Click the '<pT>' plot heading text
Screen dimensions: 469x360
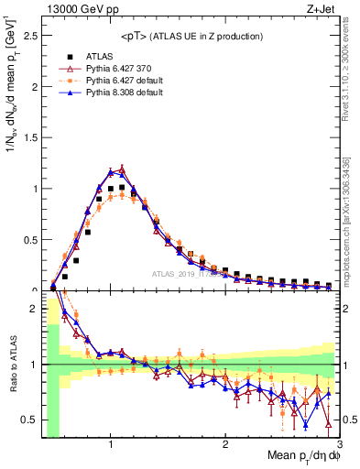pos(188,36)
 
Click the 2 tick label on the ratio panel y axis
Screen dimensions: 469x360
pos(34,309)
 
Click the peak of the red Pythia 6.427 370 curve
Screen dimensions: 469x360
pos(122,168)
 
